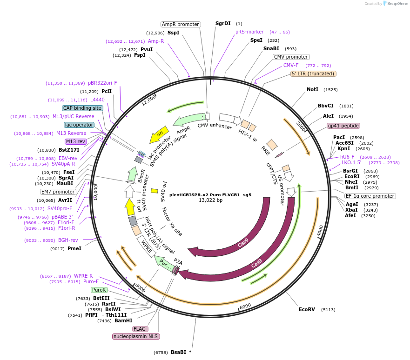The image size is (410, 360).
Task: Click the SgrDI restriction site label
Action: tap(223, 23)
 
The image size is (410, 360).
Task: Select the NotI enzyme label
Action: tap(312, 89)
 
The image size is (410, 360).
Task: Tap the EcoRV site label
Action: tap(307, 309)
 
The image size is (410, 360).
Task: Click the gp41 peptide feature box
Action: tap(343, 126)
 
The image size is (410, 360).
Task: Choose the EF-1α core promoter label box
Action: tap(370, 196)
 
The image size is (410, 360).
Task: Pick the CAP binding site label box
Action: tap(82, 108)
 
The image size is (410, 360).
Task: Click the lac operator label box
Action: tap(79, 125)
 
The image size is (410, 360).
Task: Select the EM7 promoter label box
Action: tap(58, 192)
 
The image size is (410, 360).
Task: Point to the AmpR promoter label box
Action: tap(181, 24)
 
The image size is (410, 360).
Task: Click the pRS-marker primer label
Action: tap(249, 32)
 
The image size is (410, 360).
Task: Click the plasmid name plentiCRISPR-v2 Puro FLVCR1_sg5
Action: tap(210, 195)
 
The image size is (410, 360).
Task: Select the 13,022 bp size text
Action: tap(210, 200)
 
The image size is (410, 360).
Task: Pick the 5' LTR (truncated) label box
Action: tap(313, 73)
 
